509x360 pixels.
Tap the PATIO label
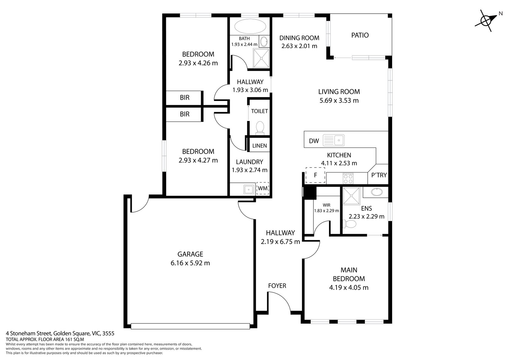click(360, 35)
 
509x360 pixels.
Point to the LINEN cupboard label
click(259, 146)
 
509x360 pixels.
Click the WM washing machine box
click(262, 188)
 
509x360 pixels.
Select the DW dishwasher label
click(314, 141)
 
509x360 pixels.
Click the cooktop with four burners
click(348, 178)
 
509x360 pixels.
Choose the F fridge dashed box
click(315, 175)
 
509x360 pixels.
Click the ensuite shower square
click(351, 197)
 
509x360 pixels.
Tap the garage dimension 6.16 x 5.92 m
click(190, 263)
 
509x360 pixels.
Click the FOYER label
click(277, 286)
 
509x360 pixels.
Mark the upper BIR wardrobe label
click(185, 98)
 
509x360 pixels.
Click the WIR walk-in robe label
click(326, 205)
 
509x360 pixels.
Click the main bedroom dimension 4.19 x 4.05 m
click(349, 287)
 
